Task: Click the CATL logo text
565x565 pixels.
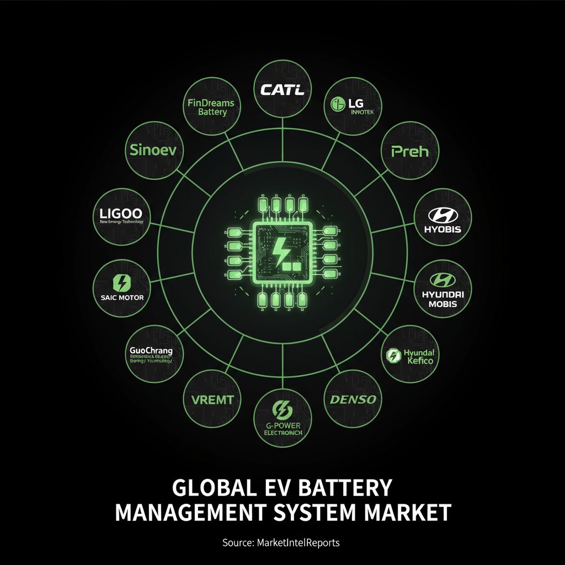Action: [282, 90]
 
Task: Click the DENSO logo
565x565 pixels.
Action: [353, 399]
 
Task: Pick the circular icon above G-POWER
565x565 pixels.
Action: [282, 410]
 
